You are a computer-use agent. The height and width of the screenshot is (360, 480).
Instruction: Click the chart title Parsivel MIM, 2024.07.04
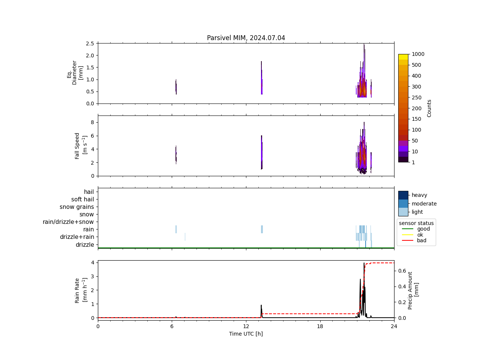pyautogui.click(x=246, y=38)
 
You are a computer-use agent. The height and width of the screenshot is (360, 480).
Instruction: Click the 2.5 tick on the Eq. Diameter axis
pyautogui.click(x=90, y=43)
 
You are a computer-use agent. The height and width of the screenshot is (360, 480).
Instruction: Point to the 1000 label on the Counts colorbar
pyautogui.click(x=418, y=54)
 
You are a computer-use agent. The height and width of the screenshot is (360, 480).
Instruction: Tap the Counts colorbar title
pyautogui.click(x=429, y=108)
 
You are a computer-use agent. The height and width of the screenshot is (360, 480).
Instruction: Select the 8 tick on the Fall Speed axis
pyautogui.click(x=92, y=122)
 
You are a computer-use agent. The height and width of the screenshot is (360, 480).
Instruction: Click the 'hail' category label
pyautogui.click(x=89, y=192)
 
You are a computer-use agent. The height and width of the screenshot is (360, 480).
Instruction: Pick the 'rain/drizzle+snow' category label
pyautogui.click(x=68, y=222)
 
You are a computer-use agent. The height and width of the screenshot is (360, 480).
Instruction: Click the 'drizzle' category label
pyautogui.click(x=85, y=245)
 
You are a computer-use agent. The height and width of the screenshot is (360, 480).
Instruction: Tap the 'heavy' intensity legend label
pyautogui.click(x=419, y=195)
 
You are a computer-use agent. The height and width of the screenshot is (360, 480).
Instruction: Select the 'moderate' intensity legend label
pyautogui.click(x=424, y=204)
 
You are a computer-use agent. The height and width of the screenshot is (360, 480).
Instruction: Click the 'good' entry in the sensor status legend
pyautogui.click(x=423, y=229)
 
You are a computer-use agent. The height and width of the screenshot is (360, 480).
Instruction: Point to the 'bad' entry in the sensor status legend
pyautogui.click(x=421, y=241)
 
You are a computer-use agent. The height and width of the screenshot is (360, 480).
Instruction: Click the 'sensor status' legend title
pyautogui.click(x=416, y=223)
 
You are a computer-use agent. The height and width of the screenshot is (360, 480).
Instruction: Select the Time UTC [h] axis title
pyautogui.click(x=246, y=334)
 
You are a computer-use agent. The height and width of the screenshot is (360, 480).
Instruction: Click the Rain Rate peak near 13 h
pyautogui.click(x=261, y=305)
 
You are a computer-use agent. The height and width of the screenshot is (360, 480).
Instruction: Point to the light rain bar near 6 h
pyautogui.click(x=176, y=229)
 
